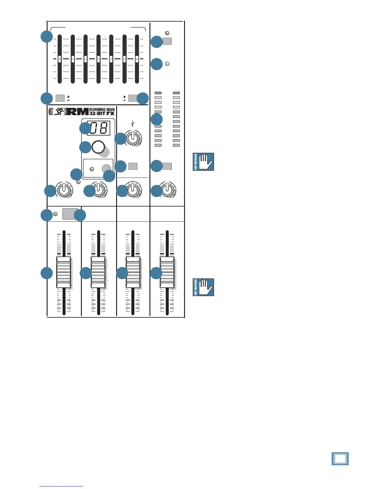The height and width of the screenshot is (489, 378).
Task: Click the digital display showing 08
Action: coord(99,128)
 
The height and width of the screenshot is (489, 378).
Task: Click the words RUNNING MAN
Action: coord(102,110)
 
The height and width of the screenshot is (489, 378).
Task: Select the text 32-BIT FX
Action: coord(102,113)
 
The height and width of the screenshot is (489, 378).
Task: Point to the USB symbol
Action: coord(133,124)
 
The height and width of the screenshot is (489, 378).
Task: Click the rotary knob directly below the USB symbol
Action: coord(133,138)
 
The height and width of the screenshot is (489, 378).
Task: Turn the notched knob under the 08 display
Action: coord(97,147)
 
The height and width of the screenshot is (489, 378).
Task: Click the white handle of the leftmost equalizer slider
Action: coord(60,59)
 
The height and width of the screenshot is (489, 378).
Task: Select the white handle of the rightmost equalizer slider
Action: coord(137,59)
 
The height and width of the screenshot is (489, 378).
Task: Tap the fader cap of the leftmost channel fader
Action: coord(64,272)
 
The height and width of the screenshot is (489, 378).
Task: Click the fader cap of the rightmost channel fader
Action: coord(167,272)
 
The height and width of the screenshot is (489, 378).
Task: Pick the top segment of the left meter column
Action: coord(158,93)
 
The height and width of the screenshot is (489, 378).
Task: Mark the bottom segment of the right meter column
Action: coord(176,145)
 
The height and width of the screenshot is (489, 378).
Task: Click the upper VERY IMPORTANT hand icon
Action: coord(203,162)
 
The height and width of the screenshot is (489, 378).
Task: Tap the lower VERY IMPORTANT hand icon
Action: coord(203,287)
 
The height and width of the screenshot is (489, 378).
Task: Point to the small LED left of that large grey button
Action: coord(56,214)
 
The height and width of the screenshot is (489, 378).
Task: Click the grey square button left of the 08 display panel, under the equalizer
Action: coord(60,98)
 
